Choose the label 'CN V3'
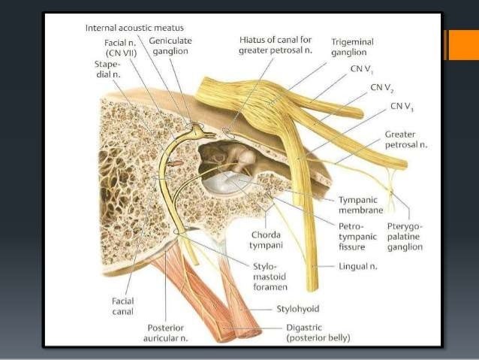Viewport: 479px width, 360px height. [401, 107]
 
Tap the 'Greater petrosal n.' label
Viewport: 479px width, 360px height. [405, 139]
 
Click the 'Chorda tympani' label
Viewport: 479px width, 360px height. [267, 240]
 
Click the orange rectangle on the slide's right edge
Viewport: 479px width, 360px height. [462, 44]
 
